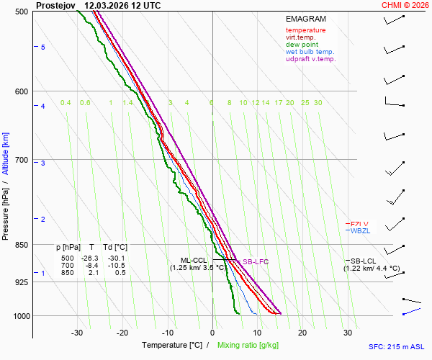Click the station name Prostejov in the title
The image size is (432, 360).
(55, 5)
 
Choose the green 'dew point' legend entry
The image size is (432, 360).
(302, 45)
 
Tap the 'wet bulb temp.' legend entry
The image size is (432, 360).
(310, 52)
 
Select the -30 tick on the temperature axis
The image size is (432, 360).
(77, 333)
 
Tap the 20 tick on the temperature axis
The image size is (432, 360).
(302, 333)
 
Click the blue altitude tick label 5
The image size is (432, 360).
(43, 48)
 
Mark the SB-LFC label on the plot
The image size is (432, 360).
(255, 262)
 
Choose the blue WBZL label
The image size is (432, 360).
(358, 231)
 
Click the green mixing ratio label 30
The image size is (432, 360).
(318, 103)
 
